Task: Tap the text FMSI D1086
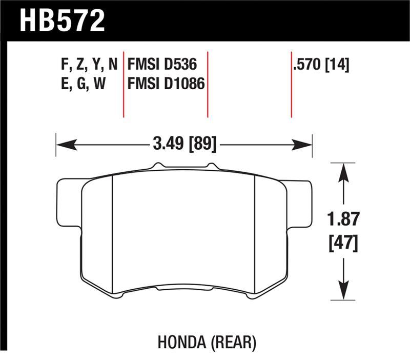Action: point(166,83)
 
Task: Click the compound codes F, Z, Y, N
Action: point(89,65)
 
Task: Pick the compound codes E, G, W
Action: point(83,83)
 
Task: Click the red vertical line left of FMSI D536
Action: point(124,85)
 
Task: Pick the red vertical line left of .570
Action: point(291,85)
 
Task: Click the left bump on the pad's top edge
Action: point(158,166)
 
